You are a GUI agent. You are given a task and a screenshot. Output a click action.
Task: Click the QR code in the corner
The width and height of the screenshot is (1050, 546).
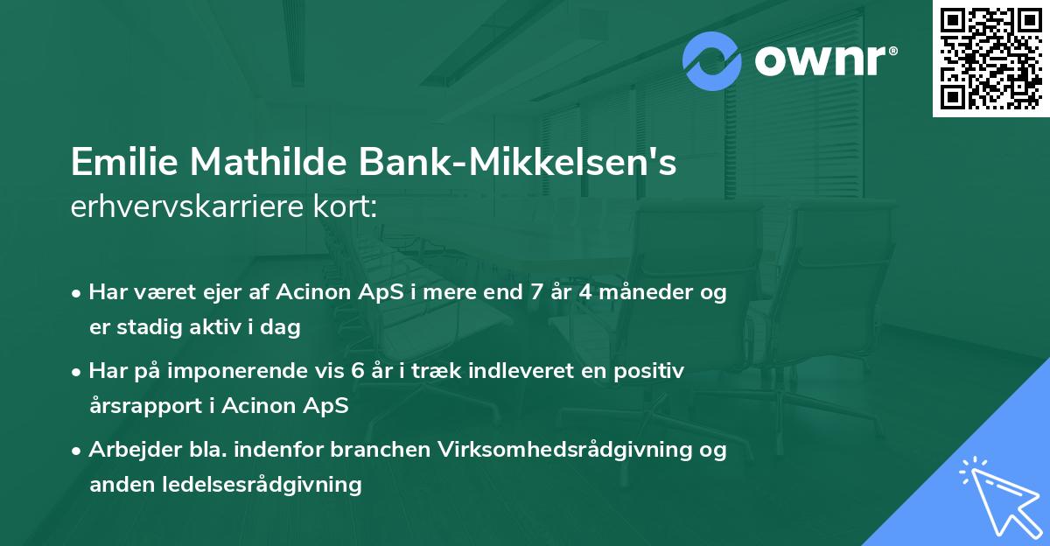(x=991, y=58)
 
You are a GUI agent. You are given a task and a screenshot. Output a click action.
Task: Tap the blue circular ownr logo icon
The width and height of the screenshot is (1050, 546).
(x=712, y=61)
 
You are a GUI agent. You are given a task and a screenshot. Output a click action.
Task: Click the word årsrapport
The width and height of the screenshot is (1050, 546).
(x=143, y=406)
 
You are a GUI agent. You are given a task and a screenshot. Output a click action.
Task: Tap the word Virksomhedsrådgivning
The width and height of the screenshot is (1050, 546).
(x=556, y=450)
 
